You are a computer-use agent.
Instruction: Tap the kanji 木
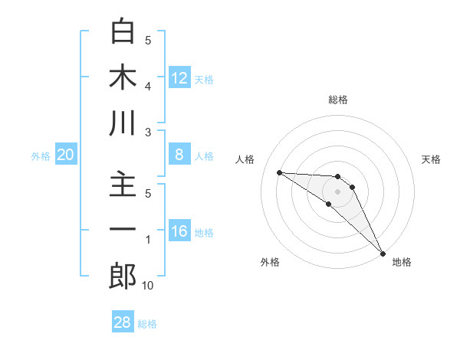coord(123,78)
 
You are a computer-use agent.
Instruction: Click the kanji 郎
coord(123,277)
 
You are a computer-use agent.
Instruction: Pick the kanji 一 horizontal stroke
coord(123,231)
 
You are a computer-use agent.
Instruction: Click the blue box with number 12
coord(179,77)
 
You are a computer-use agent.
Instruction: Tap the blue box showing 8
coord(179,155)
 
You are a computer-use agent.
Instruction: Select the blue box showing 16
coord(179,232)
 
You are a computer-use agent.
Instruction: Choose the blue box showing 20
coord(66,155)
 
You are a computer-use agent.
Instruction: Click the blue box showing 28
coord(123,322)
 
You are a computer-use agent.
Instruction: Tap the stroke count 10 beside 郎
coord(147,286)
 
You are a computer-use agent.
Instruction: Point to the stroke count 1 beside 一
coord(148,240)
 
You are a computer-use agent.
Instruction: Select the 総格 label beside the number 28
coord(147,324)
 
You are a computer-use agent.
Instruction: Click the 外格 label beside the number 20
coord(41,156)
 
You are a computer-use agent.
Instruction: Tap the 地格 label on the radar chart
coord(402,262)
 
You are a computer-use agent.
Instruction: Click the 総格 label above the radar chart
coord(338,100)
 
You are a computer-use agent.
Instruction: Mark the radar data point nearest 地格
coord(382,253)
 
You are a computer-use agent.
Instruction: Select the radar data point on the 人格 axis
coord(279,172)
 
